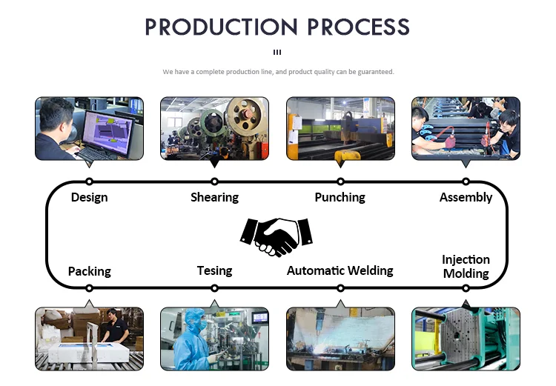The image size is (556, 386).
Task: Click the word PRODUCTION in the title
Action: click(210, 27)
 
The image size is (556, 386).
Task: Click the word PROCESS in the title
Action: click(355, 27)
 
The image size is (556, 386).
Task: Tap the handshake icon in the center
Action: click(277, 235)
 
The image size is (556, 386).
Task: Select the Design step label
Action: click(89, 197)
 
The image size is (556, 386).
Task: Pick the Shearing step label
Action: click(214, 197)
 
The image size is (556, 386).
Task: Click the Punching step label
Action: click(340, 197)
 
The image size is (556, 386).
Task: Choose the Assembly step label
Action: click(466, 197)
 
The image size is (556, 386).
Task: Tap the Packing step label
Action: click(89, 270)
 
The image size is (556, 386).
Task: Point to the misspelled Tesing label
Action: click(214, 270)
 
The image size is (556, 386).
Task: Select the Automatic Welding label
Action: click(340, 270)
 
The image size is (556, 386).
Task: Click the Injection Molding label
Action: click(466, 266)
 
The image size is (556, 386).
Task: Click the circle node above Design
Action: click(89, 182)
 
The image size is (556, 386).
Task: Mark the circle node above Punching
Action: click(340, 182)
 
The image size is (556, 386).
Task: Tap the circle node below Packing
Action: click(89, 287)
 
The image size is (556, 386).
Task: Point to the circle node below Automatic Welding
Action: click(340, 287)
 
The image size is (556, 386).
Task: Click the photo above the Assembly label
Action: click(466, 127)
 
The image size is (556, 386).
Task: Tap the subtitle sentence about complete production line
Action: click(278, 72)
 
